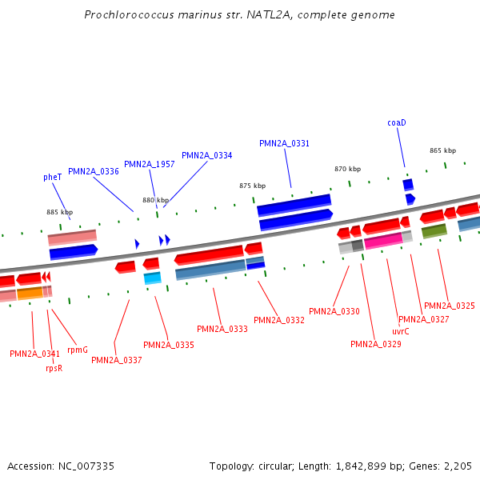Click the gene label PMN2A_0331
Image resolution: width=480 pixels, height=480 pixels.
tap(284, 144)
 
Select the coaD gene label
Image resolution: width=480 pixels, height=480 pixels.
tap(397, 123)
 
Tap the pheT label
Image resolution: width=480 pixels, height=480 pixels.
tap(53, 178)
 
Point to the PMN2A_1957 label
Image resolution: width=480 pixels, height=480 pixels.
tap(149, 165)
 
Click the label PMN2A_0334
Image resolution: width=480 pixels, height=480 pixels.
tap(206, 156)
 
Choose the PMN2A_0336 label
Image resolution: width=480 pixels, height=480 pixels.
tap(93, 172)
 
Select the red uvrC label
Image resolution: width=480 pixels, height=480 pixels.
tap(401, 331)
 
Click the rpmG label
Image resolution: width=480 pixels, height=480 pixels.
tap(78, 350)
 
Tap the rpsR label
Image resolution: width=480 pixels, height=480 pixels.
tap(54, 369)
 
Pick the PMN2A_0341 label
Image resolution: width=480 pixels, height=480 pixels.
tap(34, 354)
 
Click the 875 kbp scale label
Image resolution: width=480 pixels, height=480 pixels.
tap(252, 186)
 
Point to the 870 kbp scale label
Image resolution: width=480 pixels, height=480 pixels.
tap(347, 170)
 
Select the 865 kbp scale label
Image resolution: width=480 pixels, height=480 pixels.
tap(442, 151)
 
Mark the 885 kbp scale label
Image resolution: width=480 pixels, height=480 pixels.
tap(59, 213)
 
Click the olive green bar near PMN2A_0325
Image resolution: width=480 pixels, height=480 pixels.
tap(434, 231)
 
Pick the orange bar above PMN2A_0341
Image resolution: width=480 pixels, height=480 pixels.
tap(30, 294)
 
